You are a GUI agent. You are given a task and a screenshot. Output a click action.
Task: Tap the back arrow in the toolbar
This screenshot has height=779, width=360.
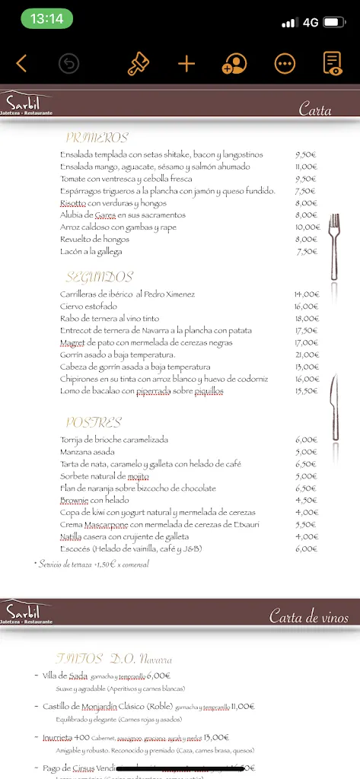click(x=21, y=63)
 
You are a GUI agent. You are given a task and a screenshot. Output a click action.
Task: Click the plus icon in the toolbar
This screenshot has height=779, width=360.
click(x=186, y=63)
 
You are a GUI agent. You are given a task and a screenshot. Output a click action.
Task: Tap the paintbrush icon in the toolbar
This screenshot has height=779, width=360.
click(x=139, y=63)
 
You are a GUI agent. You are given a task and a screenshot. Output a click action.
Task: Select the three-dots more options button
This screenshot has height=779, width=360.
click(x=285, y=64)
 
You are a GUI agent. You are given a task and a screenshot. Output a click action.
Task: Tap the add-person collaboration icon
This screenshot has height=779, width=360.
click(x=234, y=64)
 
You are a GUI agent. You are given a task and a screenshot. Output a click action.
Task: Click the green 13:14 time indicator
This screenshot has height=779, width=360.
click(x=48, y=19)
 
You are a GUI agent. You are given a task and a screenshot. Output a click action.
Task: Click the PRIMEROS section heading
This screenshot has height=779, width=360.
click(x=97, y=138)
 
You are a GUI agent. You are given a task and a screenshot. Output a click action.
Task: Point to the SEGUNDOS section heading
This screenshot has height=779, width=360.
click(x=99, y=277)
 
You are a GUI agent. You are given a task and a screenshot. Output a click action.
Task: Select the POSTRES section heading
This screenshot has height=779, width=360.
click(x=94, y=422)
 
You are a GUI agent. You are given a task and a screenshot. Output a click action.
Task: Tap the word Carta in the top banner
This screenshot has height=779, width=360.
click(x=314, y=110)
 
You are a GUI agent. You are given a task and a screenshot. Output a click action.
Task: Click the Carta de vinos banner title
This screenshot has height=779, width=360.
click(x=308, y=617)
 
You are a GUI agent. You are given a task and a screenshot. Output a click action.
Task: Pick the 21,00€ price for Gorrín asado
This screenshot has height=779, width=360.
click(x=306, y=355)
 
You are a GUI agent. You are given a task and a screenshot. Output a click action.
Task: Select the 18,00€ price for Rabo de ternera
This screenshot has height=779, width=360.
click(x=306, y=319)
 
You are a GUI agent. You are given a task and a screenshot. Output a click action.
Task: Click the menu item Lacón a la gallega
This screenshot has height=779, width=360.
click(x=91, y=252)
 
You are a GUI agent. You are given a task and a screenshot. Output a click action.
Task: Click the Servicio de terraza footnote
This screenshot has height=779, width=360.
click(x=91, y=564)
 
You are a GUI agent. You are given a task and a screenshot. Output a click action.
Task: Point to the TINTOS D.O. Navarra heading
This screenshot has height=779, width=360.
click(x=113, y=659)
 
